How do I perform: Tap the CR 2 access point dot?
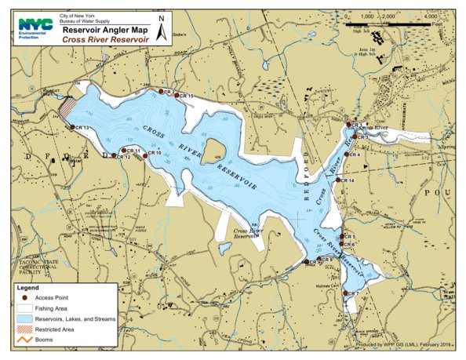(x=161, y=92)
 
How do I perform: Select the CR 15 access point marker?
(x=176, y=96)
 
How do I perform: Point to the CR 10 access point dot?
(x=144, y=154)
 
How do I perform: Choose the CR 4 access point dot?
(x=346, y=155)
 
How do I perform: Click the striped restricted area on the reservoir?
(x=68, y=107)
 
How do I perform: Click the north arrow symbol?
(x=161, y=30)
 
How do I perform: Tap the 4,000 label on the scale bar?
(x=429, y=16)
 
